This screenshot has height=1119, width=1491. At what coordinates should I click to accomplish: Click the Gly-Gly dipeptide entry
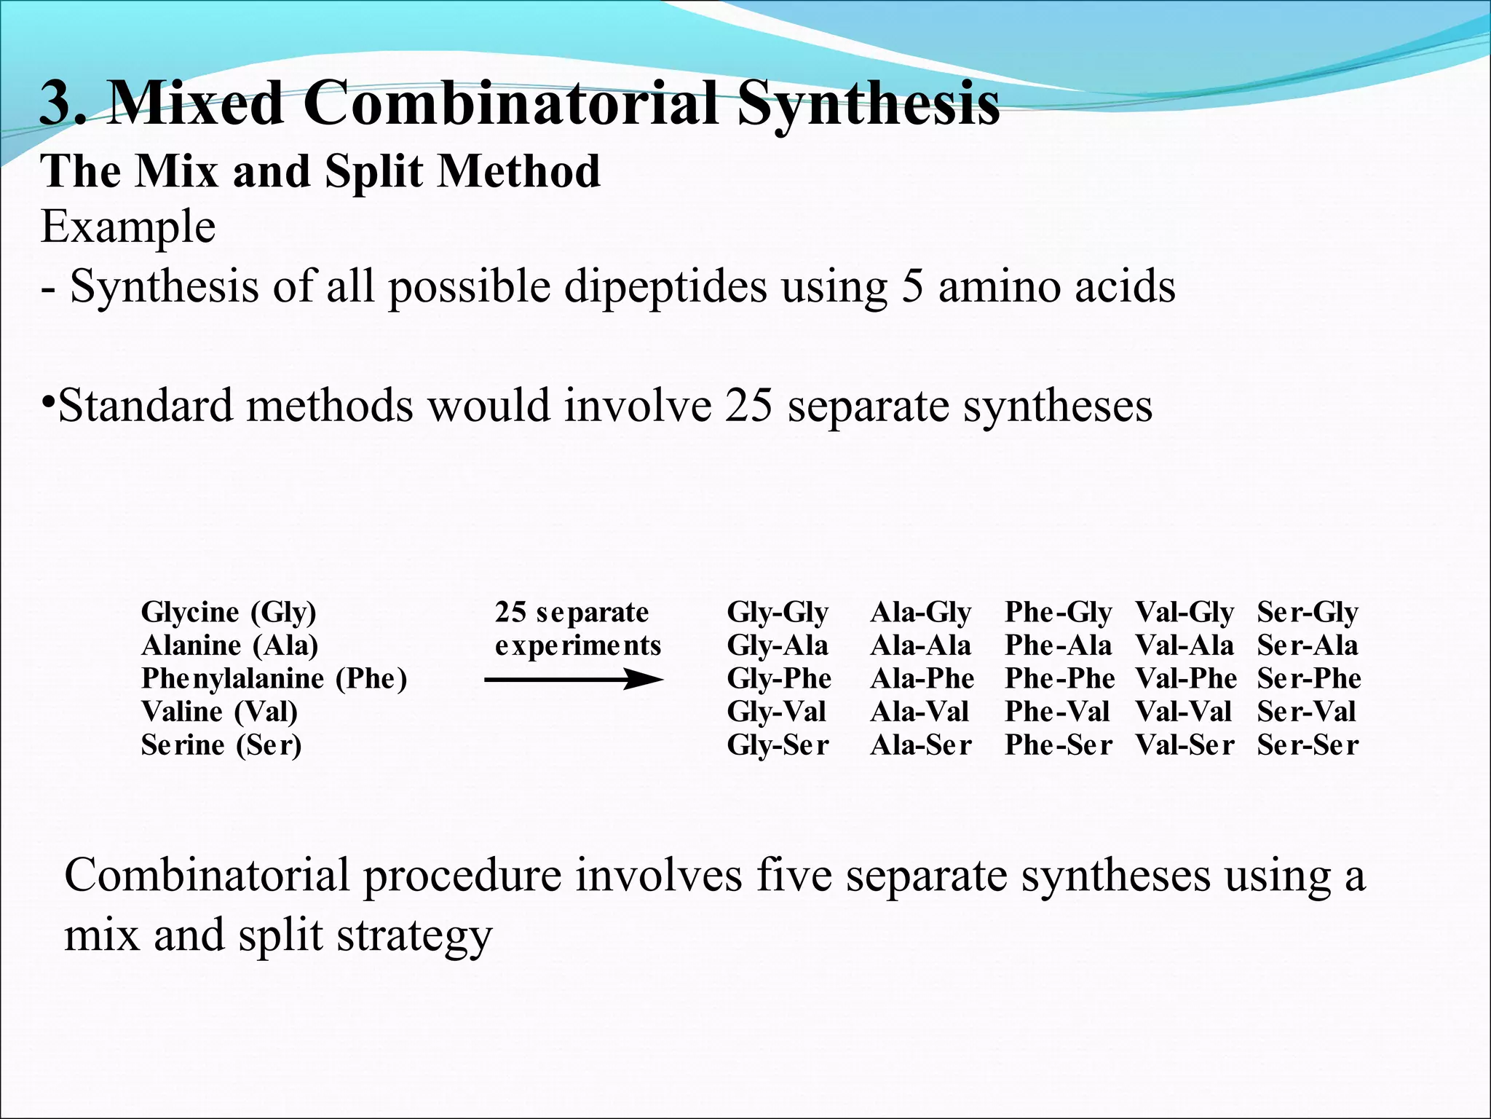pyautogui.click(x=778, y=613)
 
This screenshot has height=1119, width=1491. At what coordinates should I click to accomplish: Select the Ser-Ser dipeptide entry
pyautogui.click(x=1308, y=745)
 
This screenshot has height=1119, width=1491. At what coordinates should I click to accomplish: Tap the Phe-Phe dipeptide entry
pyautogui.click(x=1059, y=679)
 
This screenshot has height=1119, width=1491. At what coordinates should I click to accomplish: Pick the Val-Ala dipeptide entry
pyautogui.click(x=1185, y=645)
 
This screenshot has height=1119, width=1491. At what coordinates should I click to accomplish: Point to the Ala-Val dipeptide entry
pyautogui.click(x=919, y=712)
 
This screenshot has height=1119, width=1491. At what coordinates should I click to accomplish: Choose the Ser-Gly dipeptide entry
pyautogui.click(x=1308, y=613)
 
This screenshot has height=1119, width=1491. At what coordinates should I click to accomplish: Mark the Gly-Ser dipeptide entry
pyautogui.click(x=778, y=745)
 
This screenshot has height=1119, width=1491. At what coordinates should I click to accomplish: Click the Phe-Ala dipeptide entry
pyautogui.click(x=1058, y=645)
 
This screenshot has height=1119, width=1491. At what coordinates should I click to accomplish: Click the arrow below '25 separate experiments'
pyautogui.click(x=574, y=680)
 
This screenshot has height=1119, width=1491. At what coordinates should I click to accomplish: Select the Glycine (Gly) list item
pyautogui.click(x=229, y=613)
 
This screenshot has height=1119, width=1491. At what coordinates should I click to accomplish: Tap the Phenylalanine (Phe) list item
pyautogui.click(x=274, y=679)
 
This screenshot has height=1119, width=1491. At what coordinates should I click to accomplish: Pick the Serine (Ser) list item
pyautogui.click(x=221, y=745)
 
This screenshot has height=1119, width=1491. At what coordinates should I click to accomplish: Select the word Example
pyautogui.click(x=128, y=227)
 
